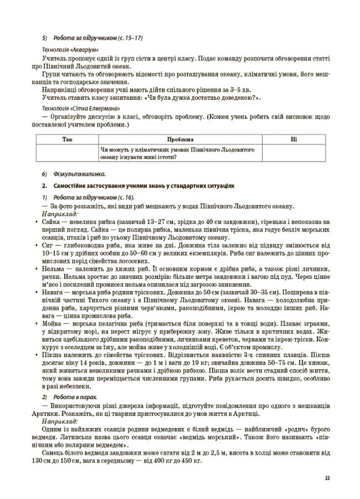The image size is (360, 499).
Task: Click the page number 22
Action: click(x=327, y=478)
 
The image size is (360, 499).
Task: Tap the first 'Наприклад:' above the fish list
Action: click(x=56, y=213)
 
